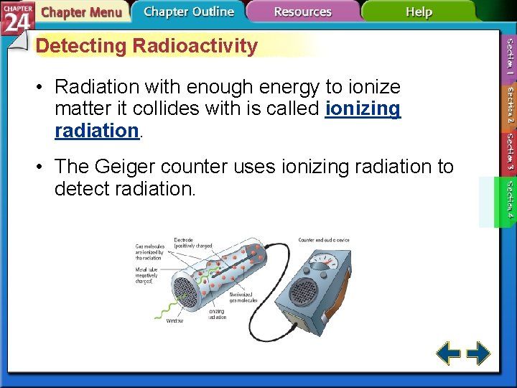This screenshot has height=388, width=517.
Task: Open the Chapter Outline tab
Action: point(188,11)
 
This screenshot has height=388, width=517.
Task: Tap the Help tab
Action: point(418,11)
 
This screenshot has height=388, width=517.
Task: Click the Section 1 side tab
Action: point(509,57)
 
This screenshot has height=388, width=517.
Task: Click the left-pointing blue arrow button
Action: point(449,354)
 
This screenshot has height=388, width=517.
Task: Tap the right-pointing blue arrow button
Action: point(478,354)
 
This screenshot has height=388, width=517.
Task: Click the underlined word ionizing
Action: point(363,108)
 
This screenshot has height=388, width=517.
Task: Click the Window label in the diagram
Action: point(174,320)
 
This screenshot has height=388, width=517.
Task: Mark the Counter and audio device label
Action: point(323,240)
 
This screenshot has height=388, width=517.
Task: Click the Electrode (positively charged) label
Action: point(192,242)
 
